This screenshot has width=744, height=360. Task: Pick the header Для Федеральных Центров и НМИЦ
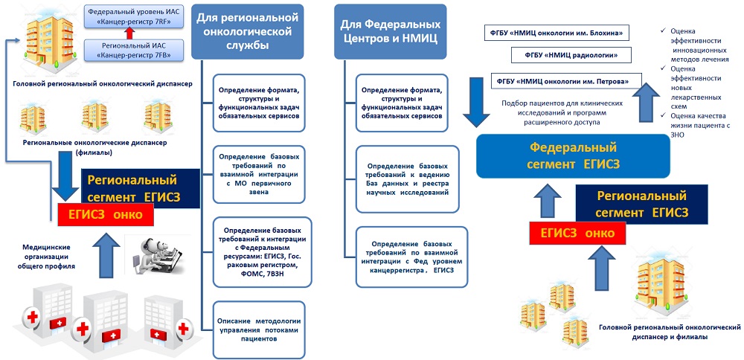(388, 31)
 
